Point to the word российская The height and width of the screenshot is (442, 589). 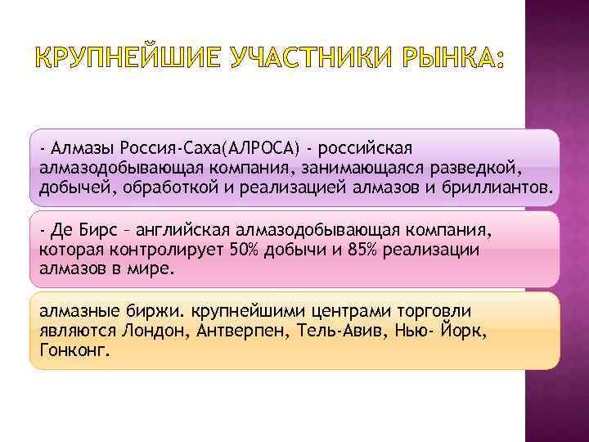[x=367, y=149]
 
